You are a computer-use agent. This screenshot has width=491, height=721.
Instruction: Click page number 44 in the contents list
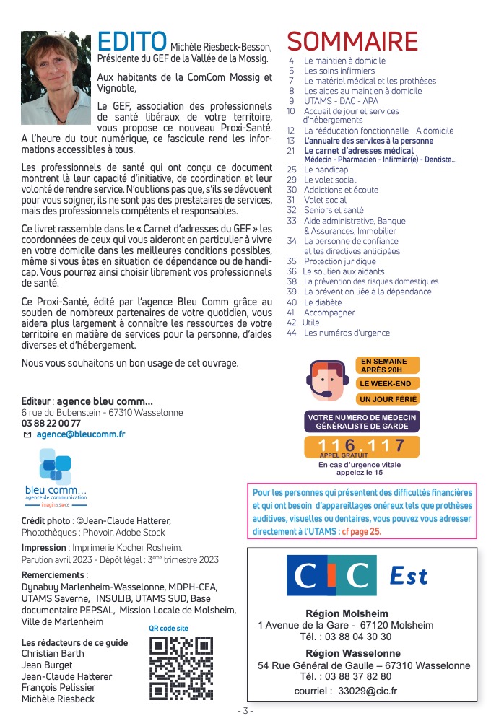point(292,333)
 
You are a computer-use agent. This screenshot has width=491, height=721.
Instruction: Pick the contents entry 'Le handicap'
point(326,170)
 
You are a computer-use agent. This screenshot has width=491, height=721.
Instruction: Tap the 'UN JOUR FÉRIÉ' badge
point(388,399)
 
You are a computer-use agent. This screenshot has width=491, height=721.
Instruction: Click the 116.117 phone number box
point(362,447)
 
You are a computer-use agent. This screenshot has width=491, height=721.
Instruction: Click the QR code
point(181,668)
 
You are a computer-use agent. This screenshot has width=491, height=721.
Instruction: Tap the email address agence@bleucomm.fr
point(80,434)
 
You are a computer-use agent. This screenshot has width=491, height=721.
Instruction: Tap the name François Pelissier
point(57,687)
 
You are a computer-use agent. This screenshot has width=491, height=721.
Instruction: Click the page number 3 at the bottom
point(245,711)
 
